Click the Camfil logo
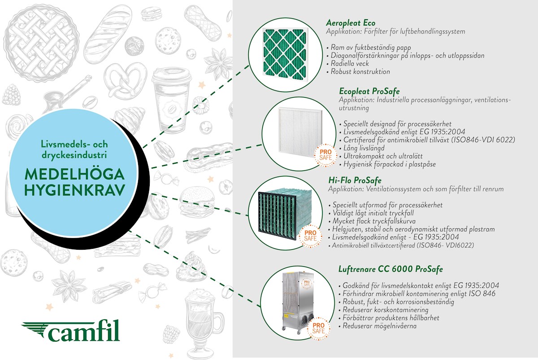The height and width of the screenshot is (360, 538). [x=71, y=331]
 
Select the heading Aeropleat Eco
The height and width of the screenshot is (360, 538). [x=351, y=23]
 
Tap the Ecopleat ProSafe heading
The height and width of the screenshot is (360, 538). [x=369, y=91]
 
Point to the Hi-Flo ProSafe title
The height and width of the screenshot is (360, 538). [x=355, y=180]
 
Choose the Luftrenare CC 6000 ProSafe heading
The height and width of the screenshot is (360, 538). [x=390, y=269]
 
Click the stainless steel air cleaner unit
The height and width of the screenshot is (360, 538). [x=298, y=303]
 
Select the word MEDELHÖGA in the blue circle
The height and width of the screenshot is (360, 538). [x=74, y=174]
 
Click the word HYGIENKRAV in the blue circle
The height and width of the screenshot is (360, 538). [x=74, y=190]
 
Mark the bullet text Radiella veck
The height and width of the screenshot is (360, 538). [x=349, y=63]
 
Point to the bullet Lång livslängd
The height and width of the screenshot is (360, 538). [x=364, y=148]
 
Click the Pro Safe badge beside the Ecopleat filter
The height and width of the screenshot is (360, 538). [x=325, y=155]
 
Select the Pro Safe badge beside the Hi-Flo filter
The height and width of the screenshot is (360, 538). [x=310, y=236]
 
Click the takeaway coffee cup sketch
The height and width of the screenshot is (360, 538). [x=171, y=101]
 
